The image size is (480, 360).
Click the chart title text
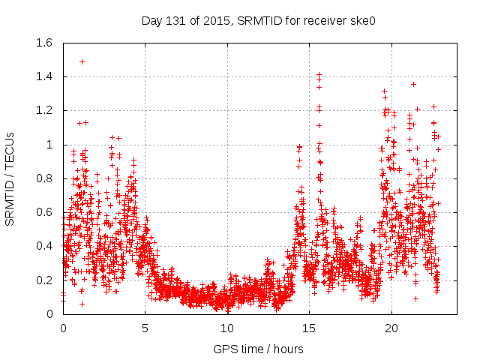[258, 20]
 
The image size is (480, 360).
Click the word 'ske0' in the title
[362, 20]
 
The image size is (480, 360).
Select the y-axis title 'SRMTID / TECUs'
[10, 178]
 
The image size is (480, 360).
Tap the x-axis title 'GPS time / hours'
[258, 349]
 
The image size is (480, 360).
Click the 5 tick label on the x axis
[145, 328]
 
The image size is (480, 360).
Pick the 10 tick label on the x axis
[227, 328]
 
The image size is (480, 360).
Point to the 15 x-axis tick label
[309, 328]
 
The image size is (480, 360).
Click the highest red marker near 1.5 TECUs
[82, 61]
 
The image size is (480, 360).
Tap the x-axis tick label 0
[63, 328]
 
